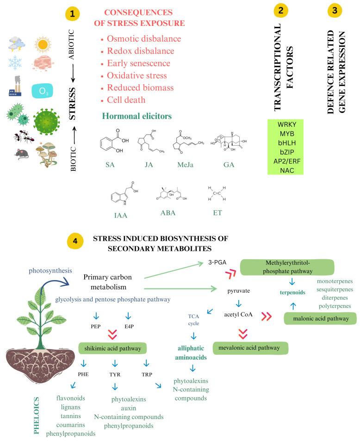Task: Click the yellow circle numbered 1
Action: (71, 14)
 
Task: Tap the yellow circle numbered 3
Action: (335, 11)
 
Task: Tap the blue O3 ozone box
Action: (43, 91)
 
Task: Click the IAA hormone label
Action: (121, 215)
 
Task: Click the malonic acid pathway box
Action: (319, 318)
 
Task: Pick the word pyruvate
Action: (239, 291)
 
